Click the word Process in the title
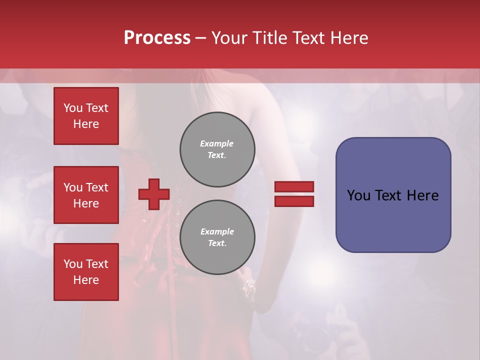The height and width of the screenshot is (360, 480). pos(157,38)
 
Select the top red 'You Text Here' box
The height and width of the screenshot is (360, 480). pos(86,116)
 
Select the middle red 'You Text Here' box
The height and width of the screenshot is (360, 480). pos(86,195)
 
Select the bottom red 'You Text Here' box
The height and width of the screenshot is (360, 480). pos(86,272)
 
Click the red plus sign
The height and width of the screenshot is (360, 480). pos(154,194)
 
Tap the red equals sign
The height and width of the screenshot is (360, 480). pos(294,194)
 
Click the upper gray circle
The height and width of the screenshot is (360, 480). pos(217,149)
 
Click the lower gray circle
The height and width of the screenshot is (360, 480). pos(217,237)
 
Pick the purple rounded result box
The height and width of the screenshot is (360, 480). pos(393,195)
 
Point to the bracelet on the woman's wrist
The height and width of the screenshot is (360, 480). pos(248,287)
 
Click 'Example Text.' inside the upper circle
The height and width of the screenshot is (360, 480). pos(217,149)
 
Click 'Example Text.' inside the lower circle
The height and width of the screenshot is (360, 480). pos(217,237)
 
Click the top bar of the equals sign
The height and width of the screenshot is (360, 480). pos(294,186)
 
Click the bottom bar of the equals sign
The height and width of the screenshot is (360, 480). pos(294,201)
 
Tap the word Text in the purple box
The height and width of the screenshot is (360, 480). pos(388,195)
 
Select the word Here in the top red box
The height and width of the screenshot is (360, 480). pos(86,124)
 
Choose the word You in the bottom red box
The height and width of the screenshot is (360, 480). pos(72,264)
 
